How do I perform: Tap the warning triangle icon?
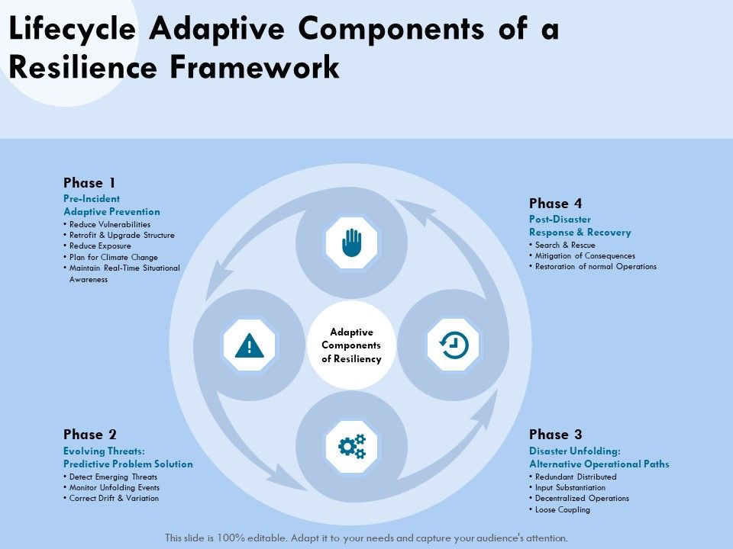tap(250, 345)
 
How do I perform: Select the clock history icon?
tap(453, 345)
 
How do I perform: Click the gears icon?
tap(351, 446)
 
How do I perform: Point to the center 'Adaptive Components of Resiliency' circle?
tap(351, 345)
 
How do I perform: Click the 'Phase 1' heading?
tap(89, 183)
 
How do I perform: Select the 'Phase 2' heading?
tap(89, 435)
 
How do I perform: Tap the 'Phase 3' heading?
tap(555, 435)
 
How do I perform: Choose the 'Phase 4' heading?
tap(555, 204)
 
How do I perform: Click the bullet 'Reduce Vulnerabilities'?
tap(109, 225)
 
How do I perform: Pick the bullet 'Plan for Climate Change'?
tap(113, 257)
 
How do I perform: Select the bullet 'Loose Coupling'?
tap(562, 509)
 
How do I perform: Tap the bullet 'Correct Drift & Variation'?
tap(114, 498)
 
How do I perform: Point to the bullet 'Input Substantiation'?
tap(570, 487)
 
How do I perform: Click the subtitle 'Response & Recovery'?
tap(580, 232)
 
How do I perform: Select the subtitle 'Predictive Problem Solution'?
tap(128, 464)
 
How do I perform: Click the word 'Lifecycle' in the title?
tap(73, 30)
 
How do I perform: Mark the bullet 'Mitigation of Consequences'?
tap(584, 256)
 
